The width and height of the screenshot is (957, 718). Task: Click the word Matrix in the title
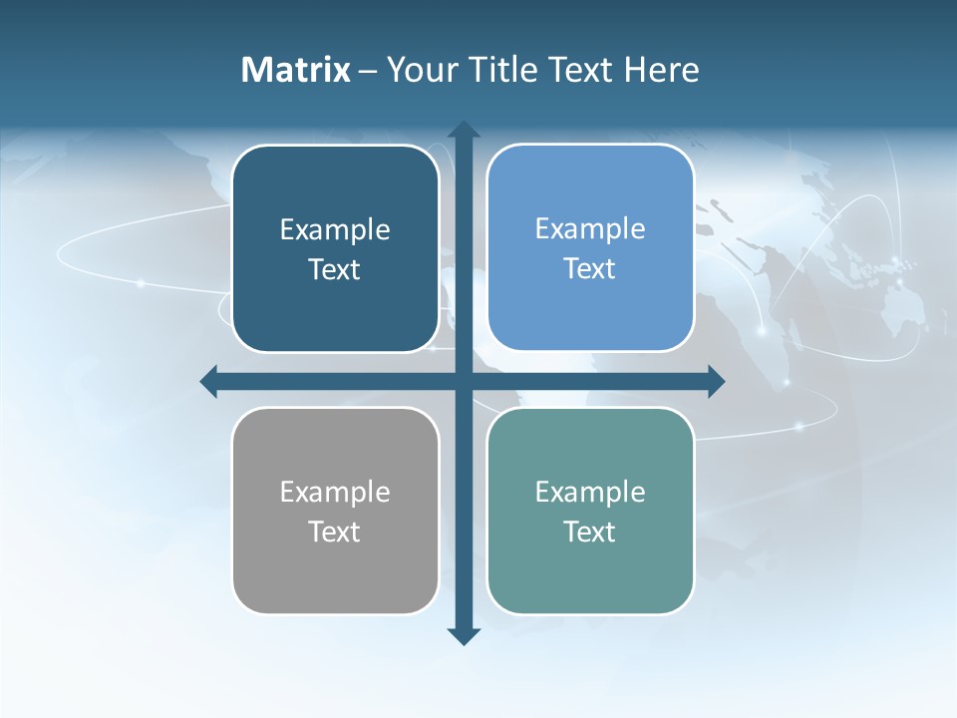[x=296, y=70]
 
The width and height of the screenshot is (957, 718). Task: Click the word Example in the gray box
[x=335, y=492]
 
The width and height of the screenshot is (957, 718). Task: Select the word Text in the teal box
[x=590, y=532]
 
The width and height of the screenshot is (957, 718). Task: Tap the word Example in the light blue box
[x=590, y=228]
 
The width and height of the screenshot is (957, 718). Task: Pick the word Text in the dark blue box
[x=335, y=269]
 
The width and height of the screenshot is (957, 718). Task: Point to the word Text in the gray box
[x=335, y=532]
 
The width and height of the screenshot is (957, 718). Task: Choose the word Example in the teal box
[x=590, y=492]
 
